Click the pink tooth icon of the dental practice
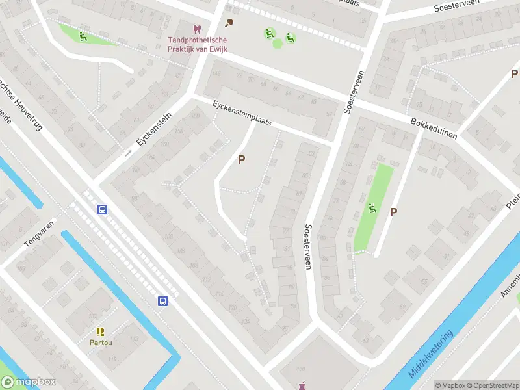click(196, 29)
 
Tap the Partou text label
click(101, 342)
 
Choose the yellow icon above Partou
click(101, 331)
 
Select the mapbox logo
click(28, 382)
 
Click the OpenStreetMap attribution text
click(491, 385)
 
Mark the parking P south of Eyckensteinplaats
click(242, 159)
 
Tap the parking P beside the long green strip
click(393, 212)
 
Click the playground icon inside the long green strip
click(372, 208)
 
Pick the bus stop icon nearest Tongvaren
click(102, 209)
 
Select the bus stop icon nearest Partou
click(162, 301)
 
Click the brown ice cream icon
click(229, 24)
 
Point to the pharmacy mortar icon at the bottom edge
click(302, 387)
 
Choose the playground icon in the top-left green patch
click(83, 36)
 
